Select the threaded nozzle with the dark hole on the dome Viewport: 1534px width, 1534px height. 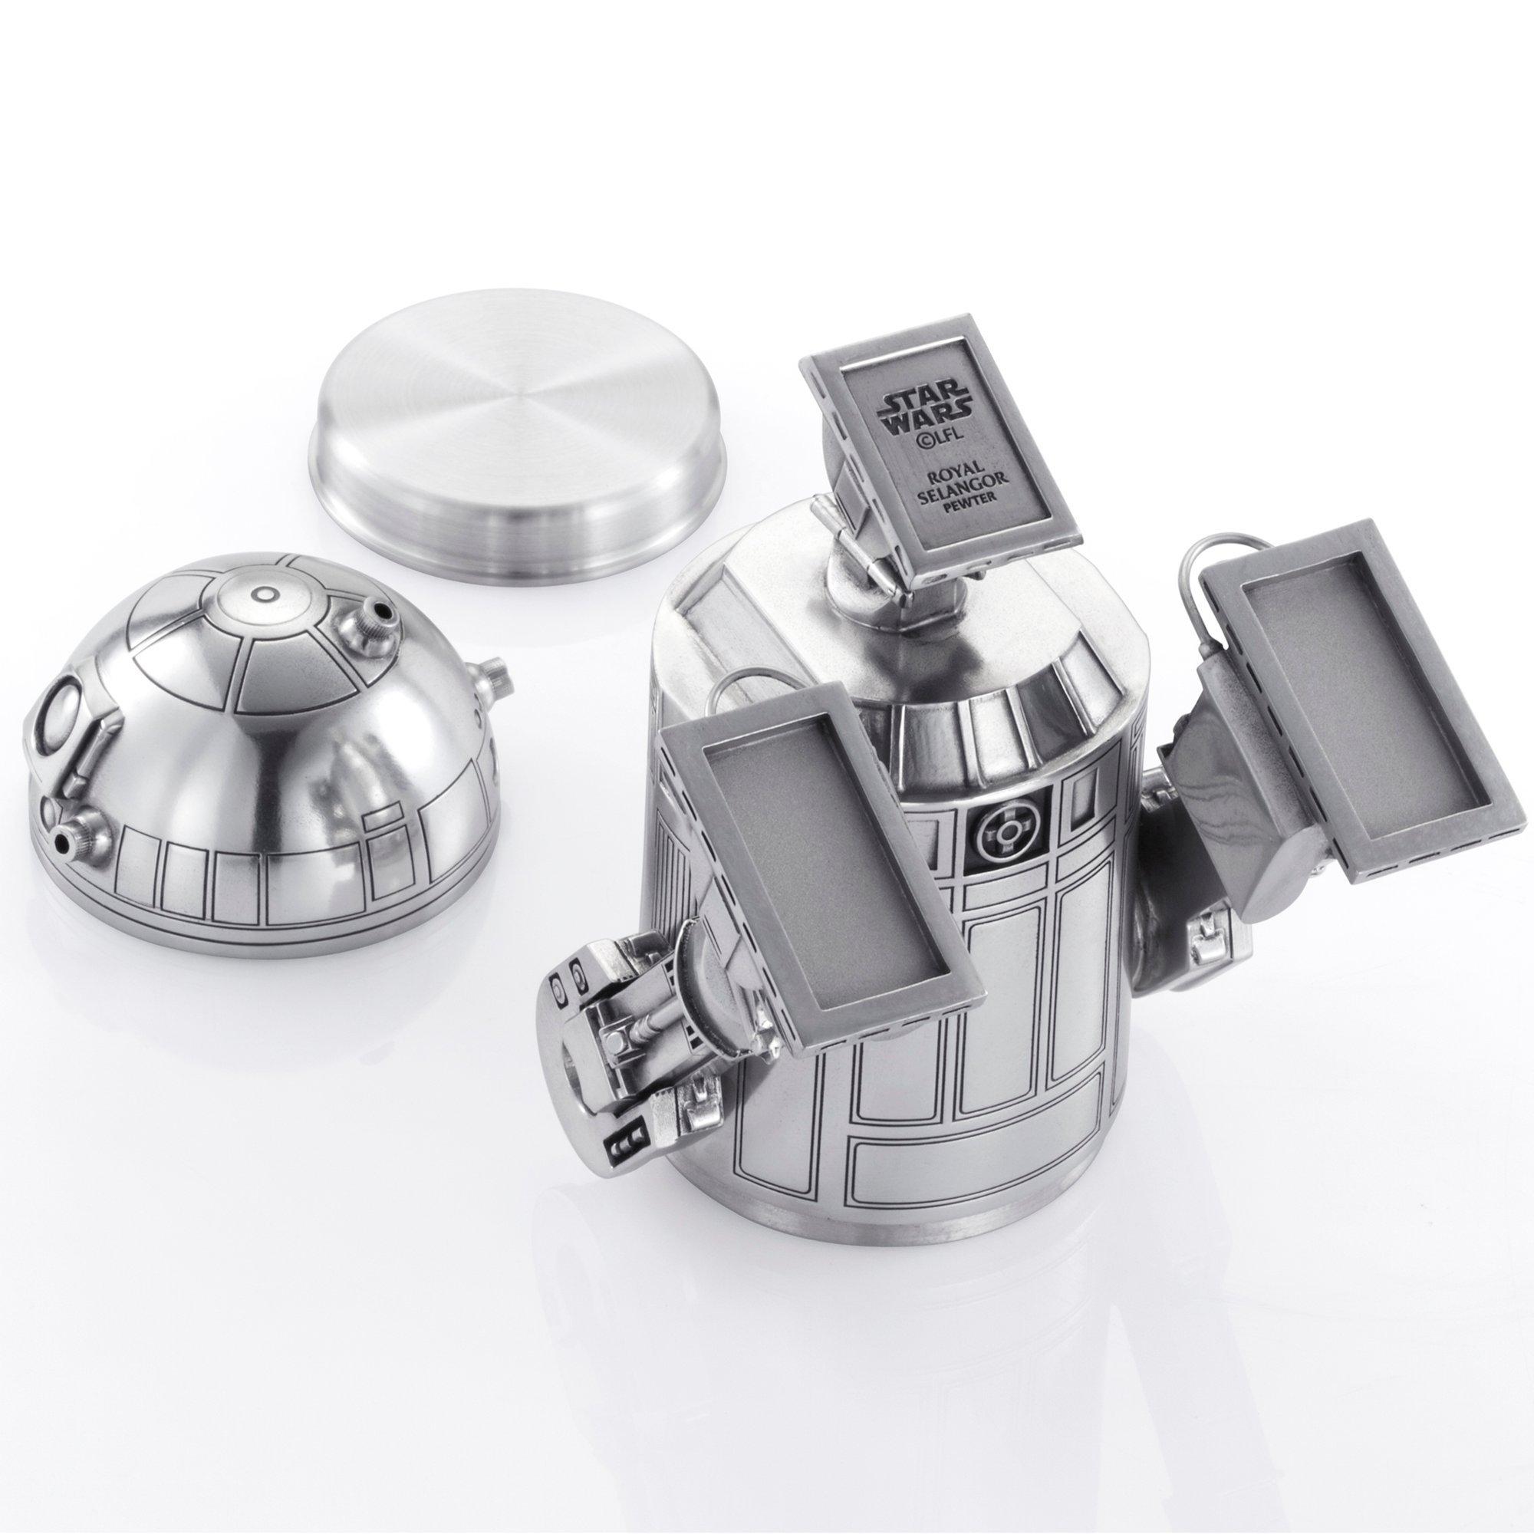pyautogui.click(x=370, y=614)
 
